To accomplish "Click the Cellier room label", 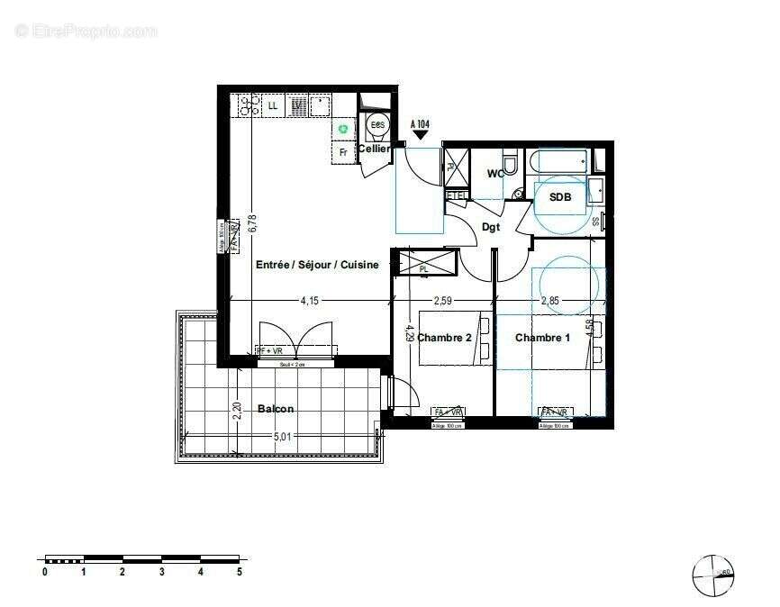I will click(374, 149).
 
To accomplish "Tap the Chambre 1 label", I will click(542, 338).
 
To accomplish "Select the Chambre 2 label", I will click(444, 338).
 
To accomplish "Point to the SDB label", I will click(560, 196).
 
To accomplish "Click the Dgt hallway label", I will click(491, 228).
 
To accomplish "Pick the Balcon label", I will click(276, 408).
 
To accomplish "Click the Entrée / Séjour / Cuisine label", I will click(316, 265).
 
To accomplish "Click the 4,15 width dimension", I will click(309, 300).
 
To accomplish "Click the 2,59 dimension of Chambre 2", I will click(443, 300).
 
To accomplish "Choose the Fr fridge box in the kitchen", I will click(343, 152).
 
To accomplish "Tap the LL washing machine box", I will click(273, 106).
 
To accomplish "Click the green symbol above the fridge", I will click(343, 130).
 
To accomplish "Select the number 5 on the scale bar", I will click(239, 571).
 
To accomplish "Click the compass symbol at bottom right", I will click(712, 573).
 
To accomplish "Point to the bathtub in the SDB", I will click(558, 163).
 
